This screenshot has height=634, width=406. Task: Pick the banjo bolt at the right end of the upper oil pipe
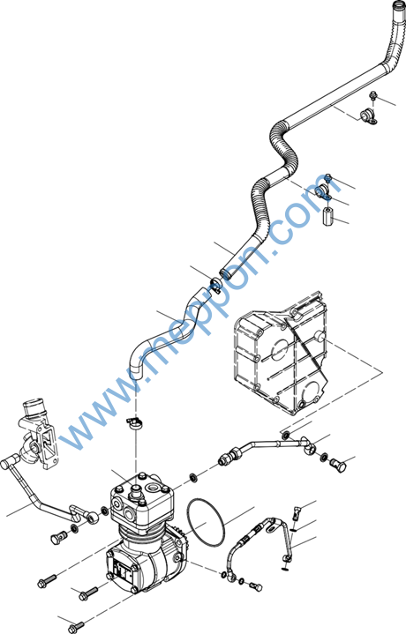pyautogui.click(x=338, y=463)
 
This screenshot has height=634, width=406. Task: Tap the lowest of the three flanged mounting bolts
pyautogui.click(x=76, y=627)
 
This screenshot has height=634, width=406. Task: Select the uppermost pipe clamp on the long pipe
pyautogui.click(x=369, y=116)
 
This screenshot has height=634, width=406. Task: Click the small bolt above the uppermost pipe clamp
pyautogui.click(x=372, y=96)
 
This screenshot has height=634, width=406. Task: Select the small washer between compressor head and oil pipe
pyautogui.click(x=194, y=478)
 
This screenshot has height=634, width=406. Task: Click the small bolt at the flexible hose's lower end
pyautogui.click(x=256, y=586)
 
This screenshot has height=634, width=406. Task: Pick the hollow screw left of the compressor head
pyautogui.click(x=59, y=537)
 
